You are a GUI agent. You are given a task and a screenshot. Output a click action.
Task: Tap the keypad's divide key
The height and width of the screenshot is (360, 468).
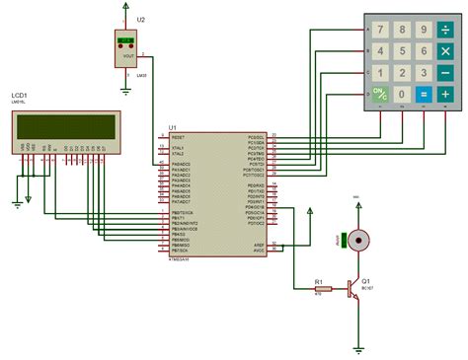446,29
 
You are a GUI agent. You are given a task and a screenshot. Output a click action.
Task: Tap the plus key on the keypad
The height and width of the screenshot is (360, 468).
446,95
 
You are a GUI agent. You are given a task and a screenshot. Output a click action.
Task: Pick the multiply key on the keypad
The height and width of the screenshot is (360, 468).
446,50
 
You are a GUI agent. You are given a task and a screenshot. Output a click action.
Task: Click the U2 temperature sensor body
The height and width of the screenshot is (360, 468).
126,49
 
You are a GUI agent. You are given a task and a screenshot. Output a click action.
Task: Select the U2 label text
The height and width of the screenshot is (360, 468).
142,20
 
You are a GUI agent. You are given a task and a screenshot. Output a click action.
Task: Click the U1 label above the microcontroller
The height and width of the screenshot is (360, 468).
172,127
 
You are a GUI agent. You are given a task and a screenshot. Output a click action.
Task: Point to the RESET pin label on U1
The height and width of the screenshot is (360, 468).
181,136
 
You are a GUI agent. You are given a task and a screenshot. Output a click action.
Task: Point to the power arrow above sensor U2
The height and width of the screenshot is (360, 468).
125,6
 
